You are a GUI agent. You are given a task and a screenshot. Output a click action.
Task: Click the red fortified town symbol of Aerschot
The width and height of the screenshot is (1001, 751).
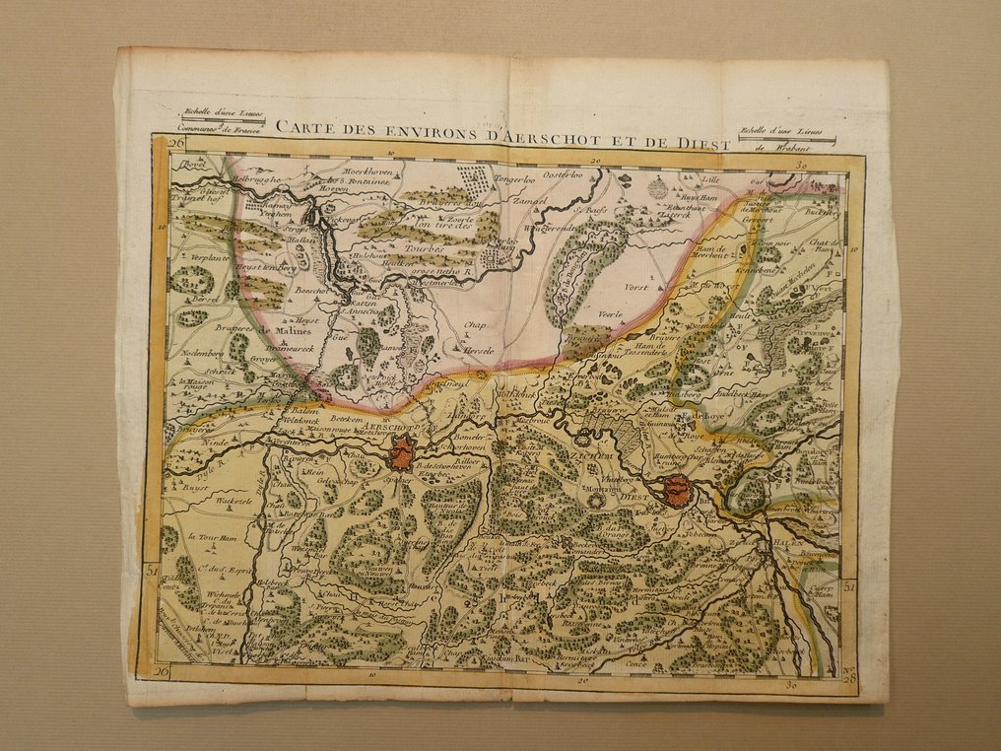(402, 454)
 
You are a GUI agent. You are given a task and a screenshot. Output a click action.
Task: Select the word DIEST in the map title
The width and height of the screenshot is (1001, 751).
(703, 144)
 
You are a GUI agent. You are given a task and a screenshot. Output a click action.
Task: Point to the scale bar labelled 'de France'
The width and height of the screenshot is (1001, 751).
(212, 127)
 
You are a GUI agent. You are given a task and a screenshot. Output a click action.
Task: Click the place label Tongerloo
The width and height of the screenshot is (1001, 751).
(517, 179)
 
